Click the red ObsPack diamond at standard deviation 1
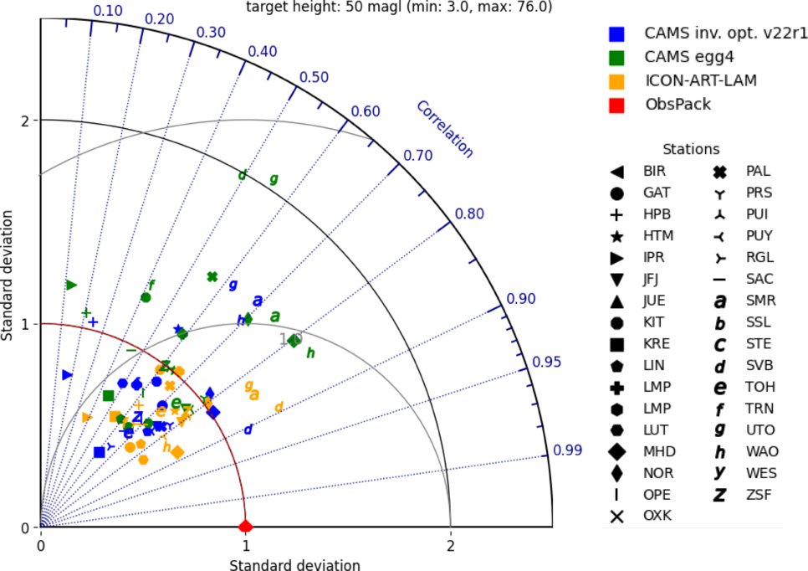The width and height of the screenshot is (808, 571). [245, 526]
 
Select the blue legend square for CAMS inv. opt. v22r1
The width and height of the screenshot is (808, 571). [616, 34]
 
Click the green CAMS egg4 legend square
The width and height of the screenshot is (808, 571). [616, 58]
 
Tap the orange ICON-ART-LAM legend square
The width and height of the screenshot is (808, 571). [616, 81]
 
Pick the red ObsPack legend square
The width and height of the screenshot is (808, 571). [616, 105]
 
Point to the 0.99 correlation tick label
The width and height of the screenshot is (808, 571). [567, 451]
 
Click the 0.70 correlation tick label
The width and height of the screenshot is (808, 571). [417, 156]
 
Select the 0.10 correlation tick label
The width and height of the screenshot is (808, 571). [108, 10]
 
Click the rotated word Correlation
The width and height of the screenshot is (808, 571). [444, 130]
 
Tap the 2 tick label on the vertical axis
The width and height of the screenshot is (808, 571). [25, 120]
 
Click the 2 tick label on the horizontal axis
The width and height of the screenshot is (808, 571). [450, 545]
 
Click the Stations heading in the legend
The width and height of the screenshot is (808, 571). [691, 149]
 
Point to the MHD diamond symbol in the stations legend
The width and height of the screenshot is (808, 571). [616, 451]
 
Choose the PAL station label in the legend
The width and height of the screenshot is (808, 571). [759, 171]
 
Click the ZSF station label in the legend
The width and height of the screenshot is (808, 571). [759, 495]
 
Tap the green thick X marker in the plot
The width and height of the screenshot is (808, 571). [212, 276]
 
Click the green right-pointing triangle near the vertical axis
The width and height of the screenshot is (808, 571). [71, 285]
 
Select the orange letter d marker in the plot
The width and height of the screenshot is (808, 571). [279, 407]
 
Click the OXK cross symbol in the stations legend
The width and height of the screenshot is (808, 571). [616, 516]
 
